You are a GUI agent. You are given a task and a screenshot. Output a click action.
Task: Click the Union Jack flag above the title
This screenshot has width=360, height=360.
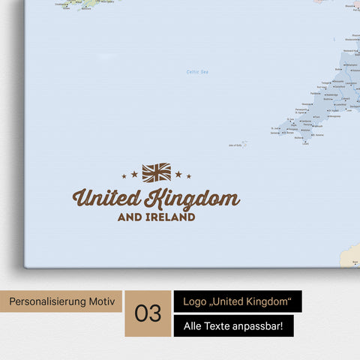[x=156, y=172]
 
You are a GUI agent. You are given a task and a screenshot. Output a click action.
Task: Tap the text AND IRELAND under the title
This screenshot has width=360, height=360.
[x=156, y=217]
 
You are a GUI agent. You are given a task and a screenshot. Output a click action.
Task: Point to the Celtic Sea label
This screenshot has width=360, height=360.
[x=197, y=72]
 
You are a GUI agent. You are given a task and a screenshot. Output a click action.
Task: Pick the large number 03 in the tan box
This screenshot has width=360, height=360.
[x=148, y=313]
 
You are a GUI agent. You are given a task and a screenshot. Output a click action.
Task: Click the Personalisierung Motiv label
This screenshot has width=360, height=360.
[x=62, y=301]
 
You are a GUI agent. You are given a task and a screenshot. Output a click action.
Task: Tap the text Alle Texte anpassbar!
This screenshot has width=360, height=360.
[x=232, y=326]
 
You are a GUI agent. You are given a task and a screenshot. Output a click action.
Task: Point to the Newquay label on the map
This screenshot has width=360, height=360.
[x=307, y=105]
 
